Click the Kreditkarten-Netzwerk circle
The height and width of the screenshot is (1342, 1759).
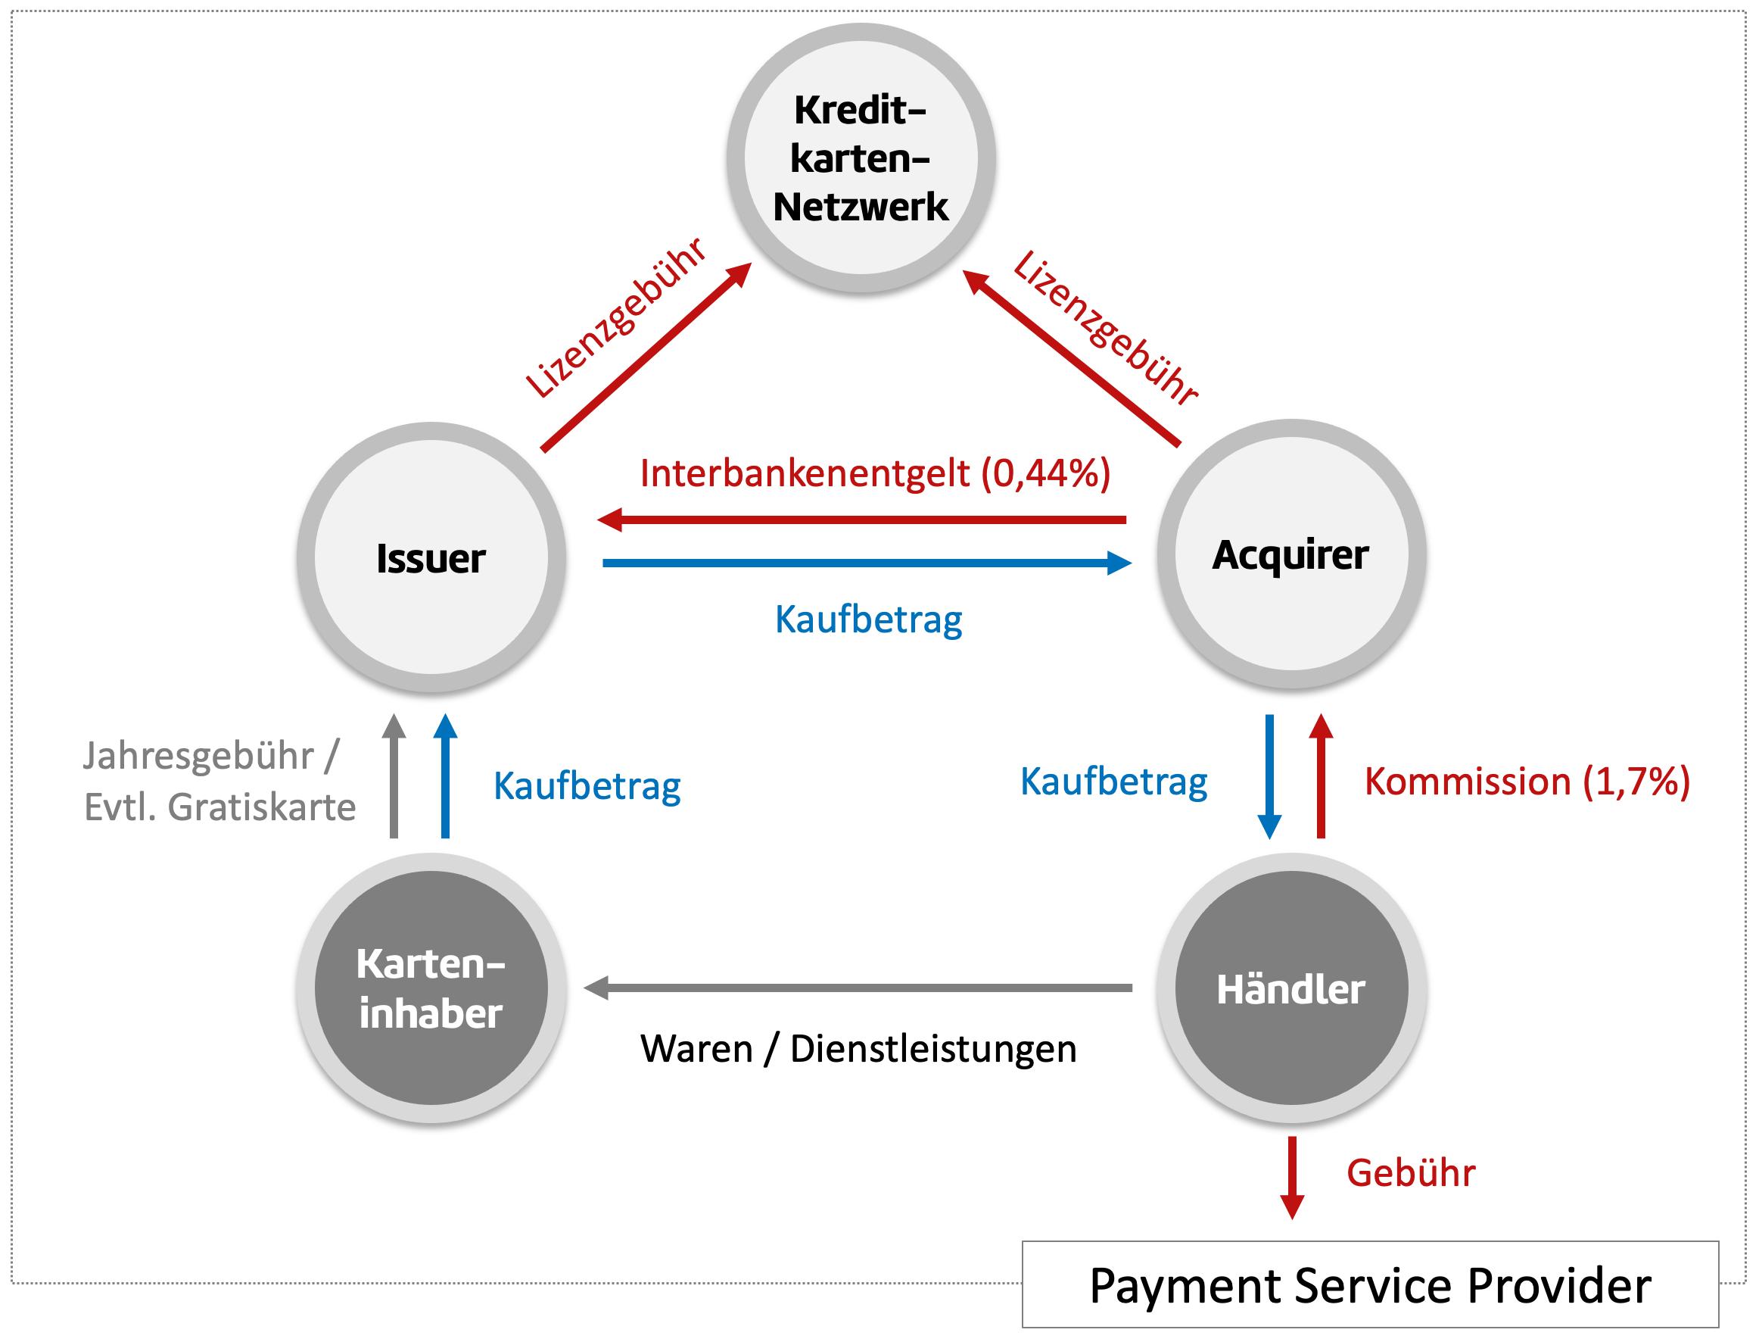861,158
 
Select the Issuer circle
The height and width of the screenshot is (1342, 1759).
431,557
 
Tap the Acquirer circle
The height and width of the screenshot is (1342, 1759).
1291,554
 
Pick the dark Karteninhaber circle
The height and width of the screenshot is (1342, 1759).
431,988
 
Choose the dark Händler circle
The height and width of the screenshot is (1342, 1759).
1291,988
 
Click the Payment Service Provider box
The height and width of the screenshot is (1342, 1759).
1370,1285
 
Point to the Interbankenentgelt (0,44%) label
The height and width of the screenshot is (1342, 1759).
875,473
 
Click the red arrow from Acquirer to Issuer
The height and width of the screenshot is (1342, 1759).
862,520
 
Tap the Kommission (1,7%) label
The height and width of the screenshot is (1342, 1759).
1527,782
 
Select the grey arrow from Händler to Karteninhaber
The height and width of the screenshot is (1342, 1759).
858,988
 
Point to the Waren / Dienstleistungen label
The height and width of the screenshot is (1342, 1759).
858,1049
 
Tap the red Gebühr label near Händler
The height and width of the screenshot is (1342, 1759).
1411,1172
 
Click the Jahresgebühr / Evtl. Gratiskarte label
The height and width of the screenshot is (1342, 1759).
219,782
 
